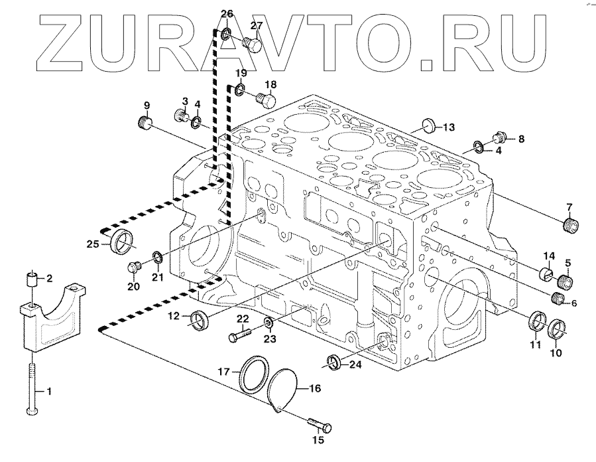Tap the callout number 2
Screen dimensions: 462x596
[48, 277]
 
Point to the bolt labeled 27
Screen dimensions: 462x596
[252, 44]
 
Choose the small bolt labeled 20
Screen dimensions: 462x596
[135, 268]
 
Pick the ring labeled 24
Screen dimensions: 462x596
[334, 362]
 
